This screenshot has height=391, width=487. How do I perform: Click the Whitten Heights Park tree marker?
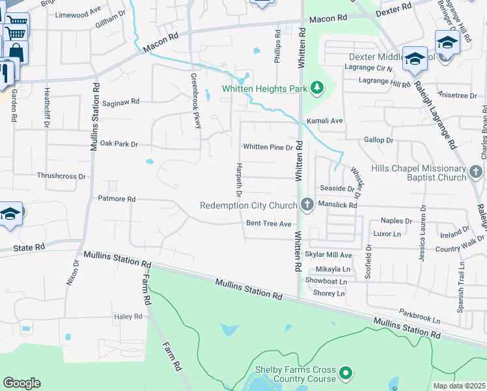318,88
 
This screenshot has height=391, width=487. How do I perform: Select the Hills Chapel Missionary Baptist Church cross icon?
476,173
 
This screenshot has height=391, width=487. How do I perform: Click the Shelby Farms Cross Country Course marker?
346,373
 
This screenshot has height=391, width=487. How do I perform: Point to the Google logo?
21,383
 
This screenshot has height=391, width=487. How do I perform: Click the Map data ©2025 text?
459,386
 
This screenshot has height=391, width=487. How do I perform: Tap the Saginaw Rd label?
121,102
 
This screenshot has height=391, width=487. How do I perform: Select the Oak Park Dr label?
119,143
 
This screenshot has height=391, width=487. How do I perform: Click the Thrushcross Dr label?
62,176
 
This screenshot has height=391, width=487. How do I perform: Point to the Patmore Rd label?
117,199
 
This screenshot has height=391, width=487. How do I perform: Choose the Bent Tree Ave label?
268,224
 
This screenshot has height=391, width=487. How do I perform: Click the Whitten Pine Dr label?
268,147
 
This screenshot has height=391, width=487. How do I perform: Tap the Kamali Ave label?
325,121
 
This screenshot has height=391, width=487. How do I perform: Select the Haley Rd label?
128,317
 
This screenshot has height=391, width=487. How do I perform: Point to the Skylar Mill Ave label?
329,255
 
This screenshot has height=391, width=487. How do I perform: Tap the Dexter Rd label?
395,6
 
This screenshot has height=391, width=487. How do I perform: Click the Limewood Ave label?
78,14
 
